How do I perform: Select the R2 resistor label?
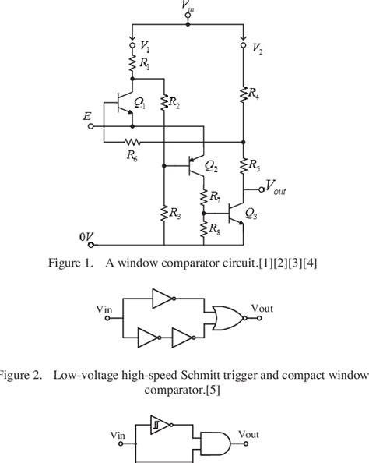pos(174,104)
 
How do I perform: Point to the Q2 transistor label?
pos(211,166)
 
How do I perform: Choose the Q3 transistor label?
pos(251,213)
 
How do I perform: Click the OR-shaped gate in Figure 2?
pos(225,317)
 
